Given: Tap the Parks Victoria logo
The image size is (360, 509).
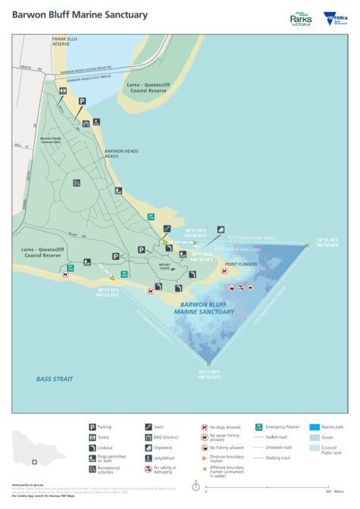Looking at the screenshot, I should coord(301,18).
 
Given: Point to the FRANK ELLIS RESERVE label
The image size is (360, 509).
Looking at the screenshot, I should coord(66,42).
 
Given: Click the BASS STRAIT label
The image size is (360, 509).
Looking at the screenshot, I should coord(55,377).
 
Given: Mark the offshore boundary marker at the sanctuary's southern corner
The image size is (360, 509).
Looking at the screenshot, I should coord(202,361).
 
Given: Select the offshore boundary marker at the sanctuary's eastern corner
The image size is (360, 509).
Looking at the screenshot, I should coord(306,245).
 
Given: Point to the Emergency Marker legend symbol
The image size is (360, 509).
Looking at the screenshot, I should coord(260,427).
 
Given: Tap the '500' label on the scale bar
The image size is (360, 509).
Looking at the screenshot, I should coord(327,492).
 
